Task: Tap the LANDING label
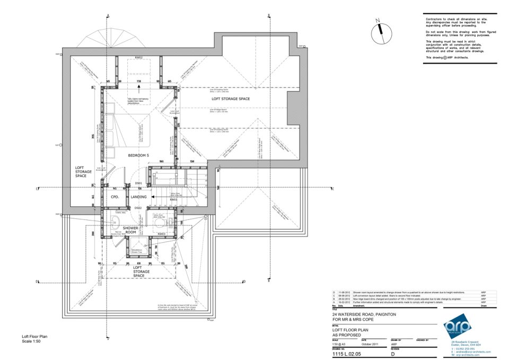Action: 139,197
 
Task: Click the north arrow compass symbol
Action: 379,33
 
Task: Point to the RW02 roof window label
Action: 139,57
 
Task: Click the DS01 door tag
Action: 138,183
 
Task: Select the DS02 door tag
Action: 138,208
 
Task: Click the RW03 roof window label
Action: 162,234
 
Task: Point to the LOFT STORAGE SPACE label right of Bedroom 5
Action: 230,99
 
